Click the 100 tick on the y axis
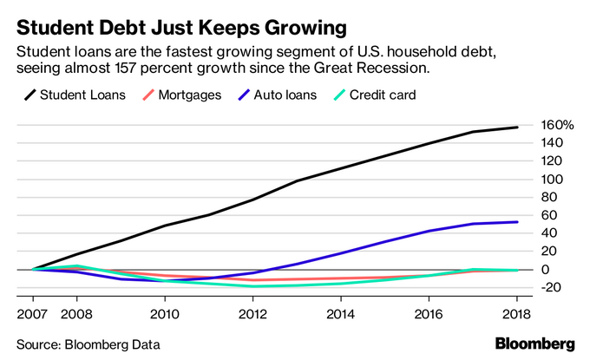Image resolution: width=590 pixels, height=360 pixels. [x=552, y=180]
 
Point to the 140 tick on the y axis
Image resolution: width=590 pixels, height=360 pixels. [x=552, y=143]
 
